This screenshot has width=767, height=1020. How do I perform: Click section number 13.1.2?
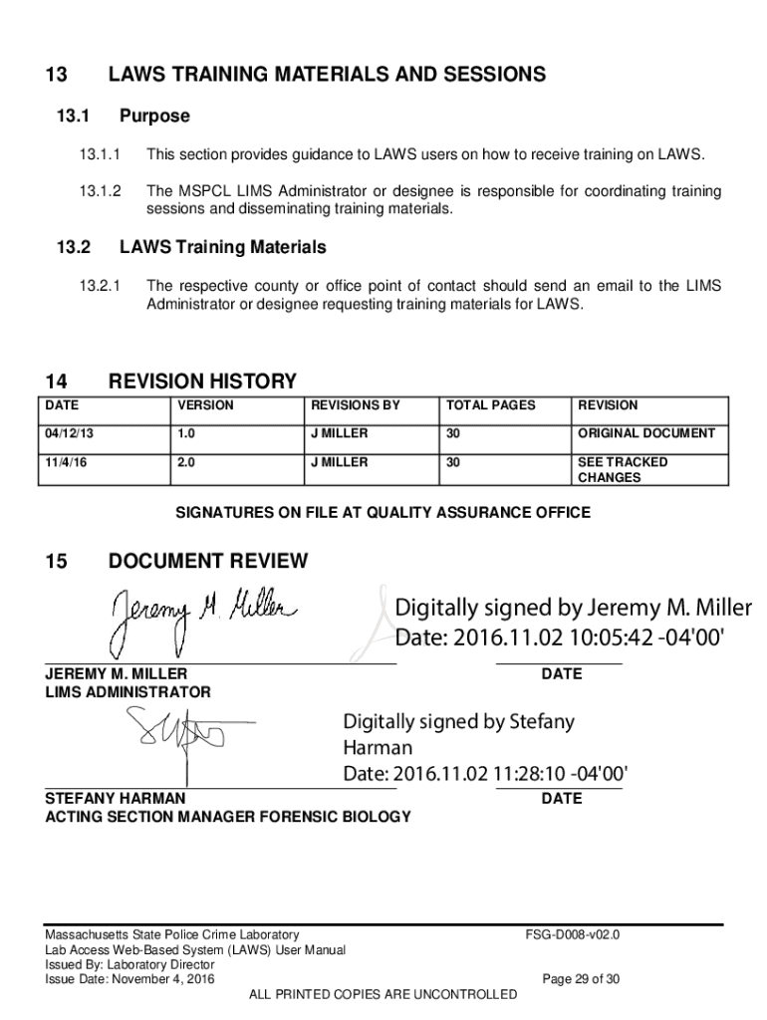coord(99,191)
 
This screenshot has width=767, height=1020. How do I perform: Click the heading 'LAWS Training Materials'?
coord(222,247)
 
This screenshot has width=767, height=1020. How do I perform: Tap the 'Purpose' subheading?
coord(153,117)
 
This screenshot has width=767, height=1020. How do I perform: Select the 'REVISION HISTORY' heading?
coord(201,382)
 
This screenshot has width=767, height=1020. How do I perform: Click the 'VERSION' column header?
coord(205,405)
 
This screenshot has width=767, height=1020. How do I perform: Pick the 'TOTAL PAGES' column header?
coord(490,405)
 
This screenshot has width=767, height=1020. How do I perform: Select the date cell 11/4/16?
coord(62,462)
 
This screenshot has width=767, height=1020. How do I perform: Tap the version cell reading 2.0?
coord(186,462)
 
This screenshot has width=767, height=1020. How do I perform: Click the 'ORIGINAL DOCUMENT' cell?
coord(645,433)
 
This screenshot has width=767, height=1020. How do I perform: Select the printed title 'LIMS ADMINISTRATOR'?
coord(128,692)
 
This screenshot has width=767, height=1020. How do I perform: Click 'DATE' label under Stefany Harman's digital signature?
coord(562,799)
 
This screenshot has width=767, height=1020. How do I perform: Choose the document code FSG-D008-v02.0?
coord(573,935)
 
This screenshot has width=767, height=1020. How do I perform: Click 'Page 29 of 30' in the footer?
coord(581,979)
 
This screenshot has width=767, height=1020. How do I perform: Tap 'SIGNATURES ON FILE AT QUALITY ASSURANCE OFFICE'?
coord(383,513)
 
